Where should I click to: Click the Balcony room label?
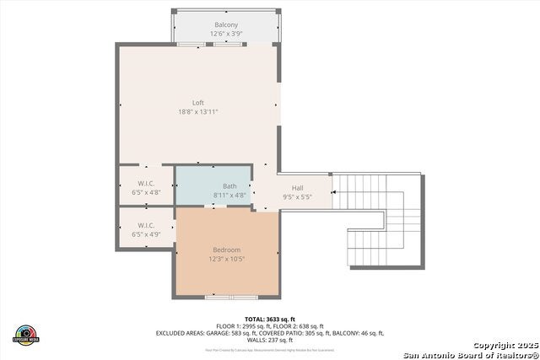(226, 25)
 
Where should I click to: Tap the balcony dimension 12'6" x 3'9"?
(226, 35)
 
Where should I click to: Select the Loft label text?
(198, 103)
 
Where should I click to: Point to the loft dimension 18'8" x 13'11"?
(198, 112)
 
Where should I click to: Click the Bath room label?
(229, 186)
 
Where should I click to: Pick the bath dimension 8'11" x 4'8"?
(229, 195)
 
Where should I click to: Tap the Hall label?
(297, 188)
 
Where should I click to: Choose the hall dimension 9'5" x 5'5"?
(297, 196)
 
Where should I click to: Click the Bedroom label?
(226, 250)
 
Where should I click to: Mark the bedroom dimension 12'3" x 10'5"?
(226, 259)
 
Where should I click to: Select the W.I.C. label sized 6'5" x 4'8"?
(146, 183)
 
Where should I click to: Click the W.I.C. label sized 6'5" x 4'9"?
(146, 225)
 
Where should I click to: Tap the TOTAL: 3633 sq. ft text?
(270, 318)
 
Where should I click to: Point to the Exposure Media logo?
(26, 334)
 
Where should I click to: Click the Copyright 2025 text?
(503, 346)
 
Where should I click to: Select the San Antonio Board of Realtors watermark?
(471, 354)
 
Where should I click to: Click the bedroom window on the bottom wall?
(232, 297)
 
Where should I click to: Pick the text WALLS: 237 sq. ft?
(270, 340)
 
